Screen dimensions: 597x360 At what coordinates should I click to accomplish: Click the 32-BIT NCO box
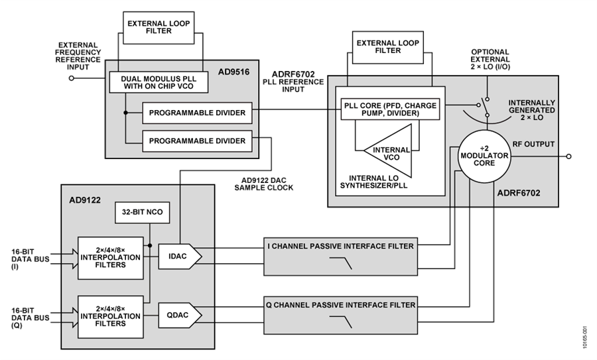pos(143,212)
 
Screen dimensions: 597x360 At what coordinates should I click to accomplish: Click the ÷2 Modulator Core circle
pos(484,156)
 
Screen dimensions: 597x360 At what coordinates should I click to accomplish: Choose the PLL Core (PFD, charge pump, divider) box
pos(390,109)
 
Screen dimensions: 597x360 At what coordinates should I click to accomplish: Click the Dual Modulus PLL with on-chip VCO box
pos(159,82)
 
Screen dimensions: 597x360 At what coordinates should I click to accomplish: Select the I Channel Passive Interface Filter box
pos(341,257)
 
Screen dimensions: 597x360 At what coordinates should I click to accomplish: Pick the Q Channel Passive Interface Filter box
pos(341,316)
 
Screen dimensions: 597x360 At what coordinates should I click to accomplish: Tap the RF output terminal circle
pos(569,156)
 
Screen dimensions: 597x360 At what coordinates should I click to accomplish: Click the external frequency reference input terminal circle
pos(71,78)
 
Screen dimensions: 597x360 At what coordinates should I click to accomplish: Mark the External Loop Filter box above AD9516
pos(159,27)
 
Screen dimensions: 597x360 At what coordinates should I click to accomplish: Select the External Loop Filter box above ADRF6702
pos(388,47)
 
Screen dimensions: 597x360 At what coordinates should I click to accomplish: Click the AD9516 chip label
pos(233,72)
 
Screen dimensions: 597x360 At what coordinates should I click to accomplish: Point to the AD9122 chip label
pos(85,200)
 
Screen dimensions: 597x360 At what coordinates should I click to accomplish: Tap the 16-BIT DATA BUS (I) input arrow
pos(65,259)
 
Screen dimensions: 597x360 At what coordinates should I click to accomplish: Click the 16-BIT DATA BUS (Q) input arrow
pos(65,317)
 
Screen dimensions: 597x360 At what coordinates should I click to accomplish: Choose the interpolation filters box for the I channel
pos(111,258)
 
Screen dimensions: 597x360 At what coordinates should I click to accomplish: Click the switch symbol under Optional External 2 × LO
pos(484,107)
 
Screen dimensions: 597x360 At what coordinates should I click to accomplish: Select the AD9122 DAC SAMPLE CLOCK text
pos(264,184)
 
